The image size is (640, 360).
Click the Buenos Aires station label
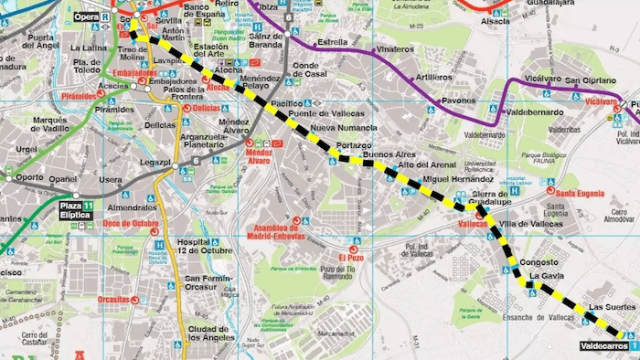tap(389, 154)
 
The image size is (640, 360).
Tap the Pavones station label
tap(459, 101)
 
